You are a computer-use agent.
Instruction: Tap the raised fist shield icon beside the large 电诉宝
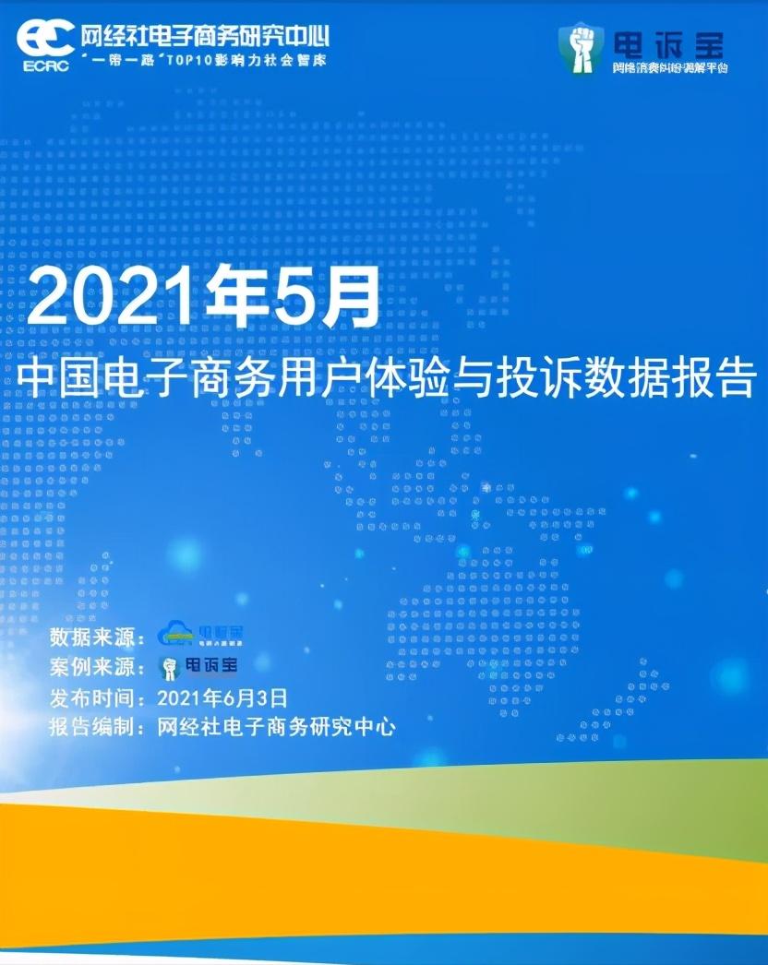pos(581,47)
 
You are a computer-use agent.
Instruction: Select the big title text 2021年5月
pos(203,294)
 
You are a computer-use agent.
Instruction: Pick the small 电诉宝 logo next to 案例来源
pos(198,665)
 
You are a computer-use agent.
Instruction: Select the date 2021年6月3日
pos(222,697)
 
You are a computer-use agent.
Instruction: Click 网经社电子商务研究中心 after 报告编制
pos(277,727)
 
